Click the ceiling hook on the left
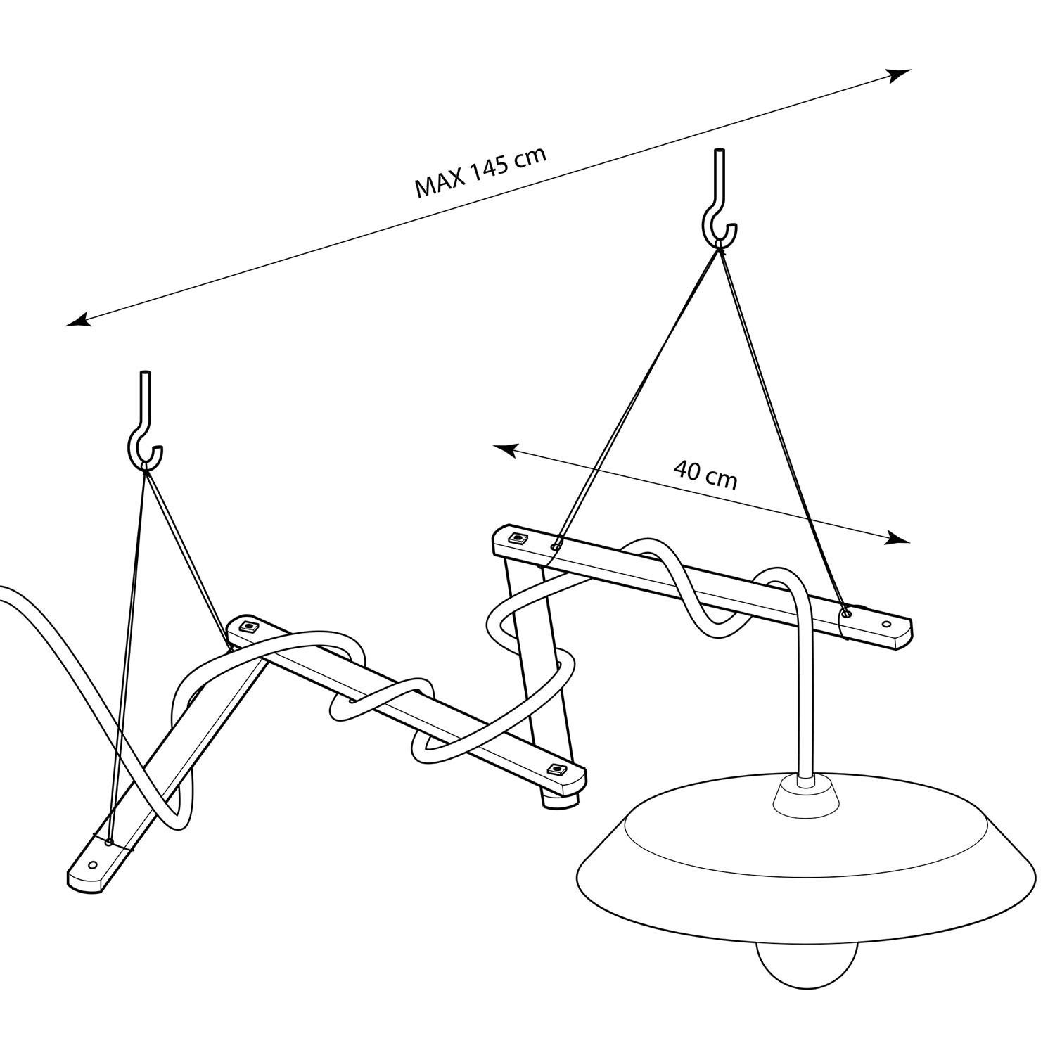146,422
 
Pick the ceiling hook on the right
719,200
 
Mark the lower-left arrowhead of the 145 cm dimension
79,320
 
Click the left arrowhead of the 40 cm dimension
506,450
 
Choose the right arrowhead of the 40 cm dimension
898,538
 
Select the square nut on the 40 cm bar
518,539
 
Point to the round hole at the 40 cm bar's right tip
886,623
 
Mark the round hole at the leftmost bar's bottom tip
91,862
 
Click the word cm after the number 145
529,158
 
